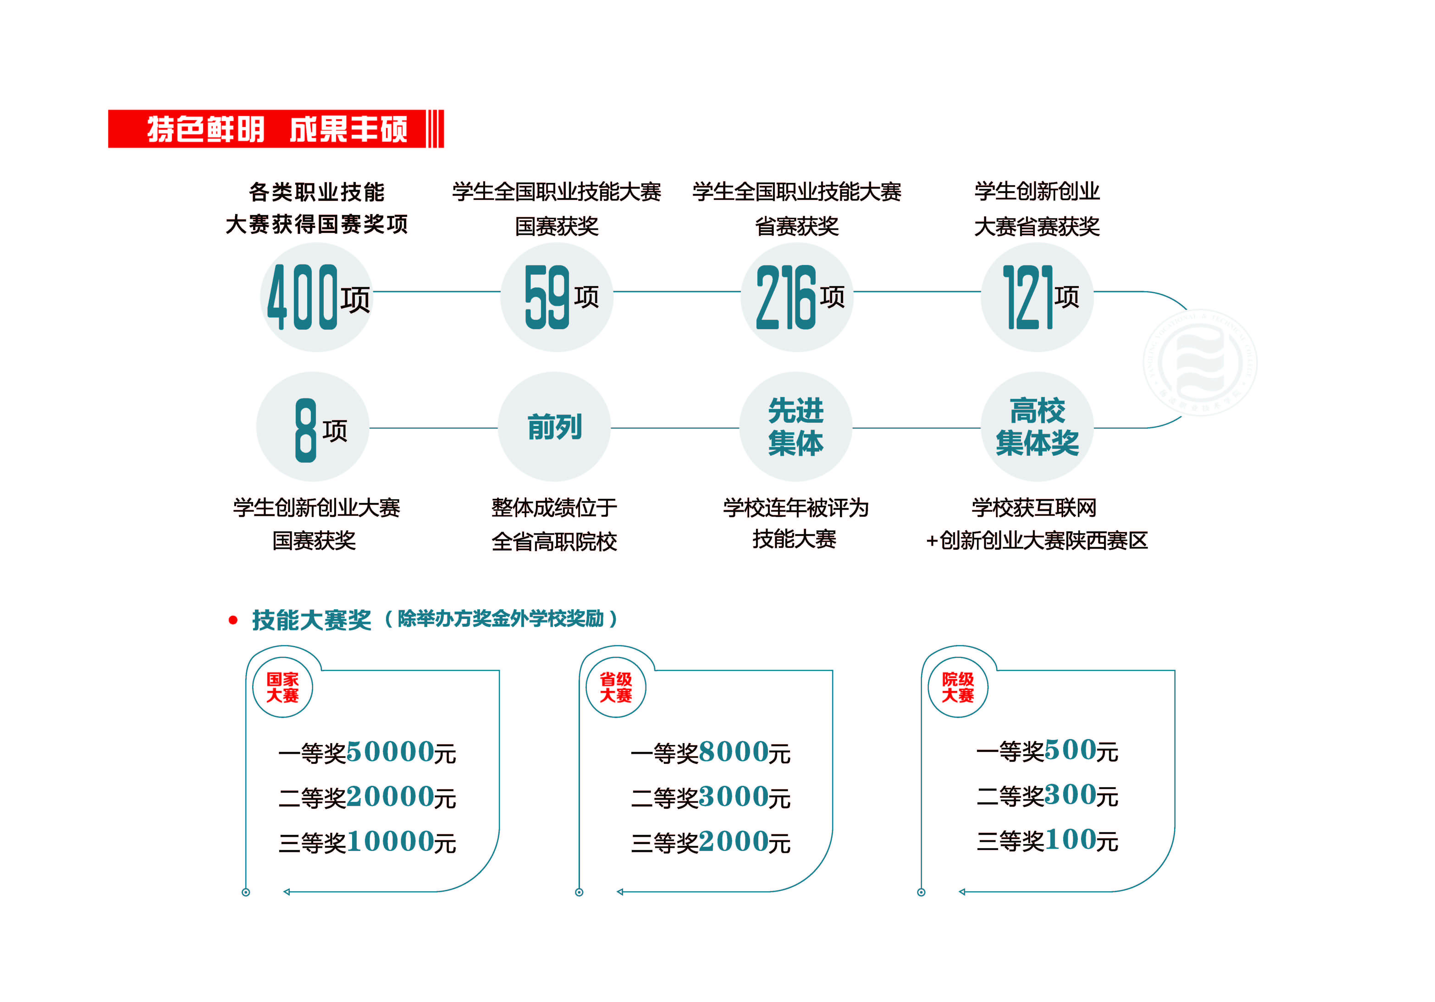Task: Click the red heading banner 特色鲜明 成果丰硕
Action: (x=276, y=129)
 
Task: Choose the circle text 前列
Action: (x=554, y=428)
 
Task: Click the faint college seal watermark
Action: (x=1200, y=363)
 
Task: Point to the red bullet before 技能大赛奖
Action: (x=233, y=620)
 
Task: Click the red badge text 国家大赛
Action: (x=282, y=687)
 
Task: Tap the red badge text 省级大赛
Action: (x=616, y=687)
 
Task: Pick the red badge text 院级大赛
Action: (x=958, y=687)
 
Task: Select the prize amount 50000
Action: (x=390, y=752)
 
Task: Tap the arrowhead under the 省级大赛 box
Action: (x=620, y=892)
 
